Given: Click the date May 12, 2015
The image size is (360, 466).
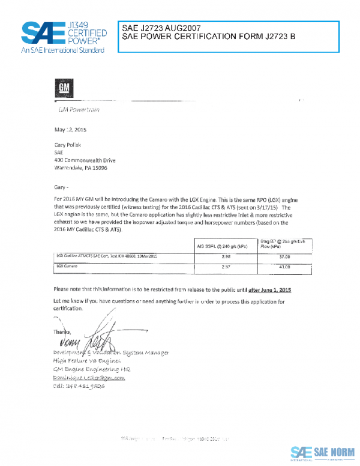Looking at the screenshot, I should (71, 129).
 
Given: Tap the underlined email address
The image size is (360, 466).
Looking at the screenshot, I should (83, 378).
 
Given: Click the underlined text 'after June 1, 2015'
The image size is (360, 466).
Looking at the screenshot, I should (274, 289).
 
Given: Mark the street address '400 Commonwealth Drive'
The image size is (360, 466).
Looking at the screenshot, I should (85, 160).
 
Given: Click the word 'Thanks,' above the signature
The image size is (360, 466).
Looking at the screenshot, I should (62, 332).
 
